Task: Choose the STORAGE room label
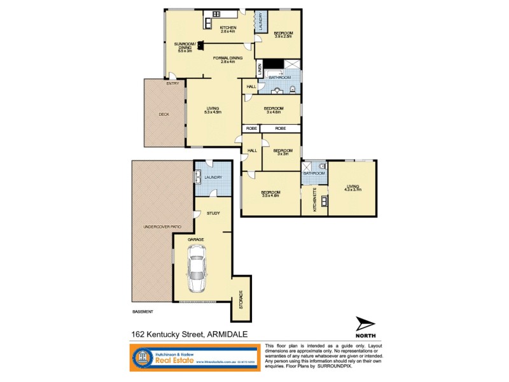point(241,299)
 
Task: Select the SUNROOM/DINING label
point(185,46)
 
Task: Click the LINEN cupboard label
point(260,67)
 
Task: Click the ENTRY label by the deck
point(172,83)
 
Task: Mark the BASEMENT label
point(143,311)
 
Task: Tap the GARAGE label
point(195,239)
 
